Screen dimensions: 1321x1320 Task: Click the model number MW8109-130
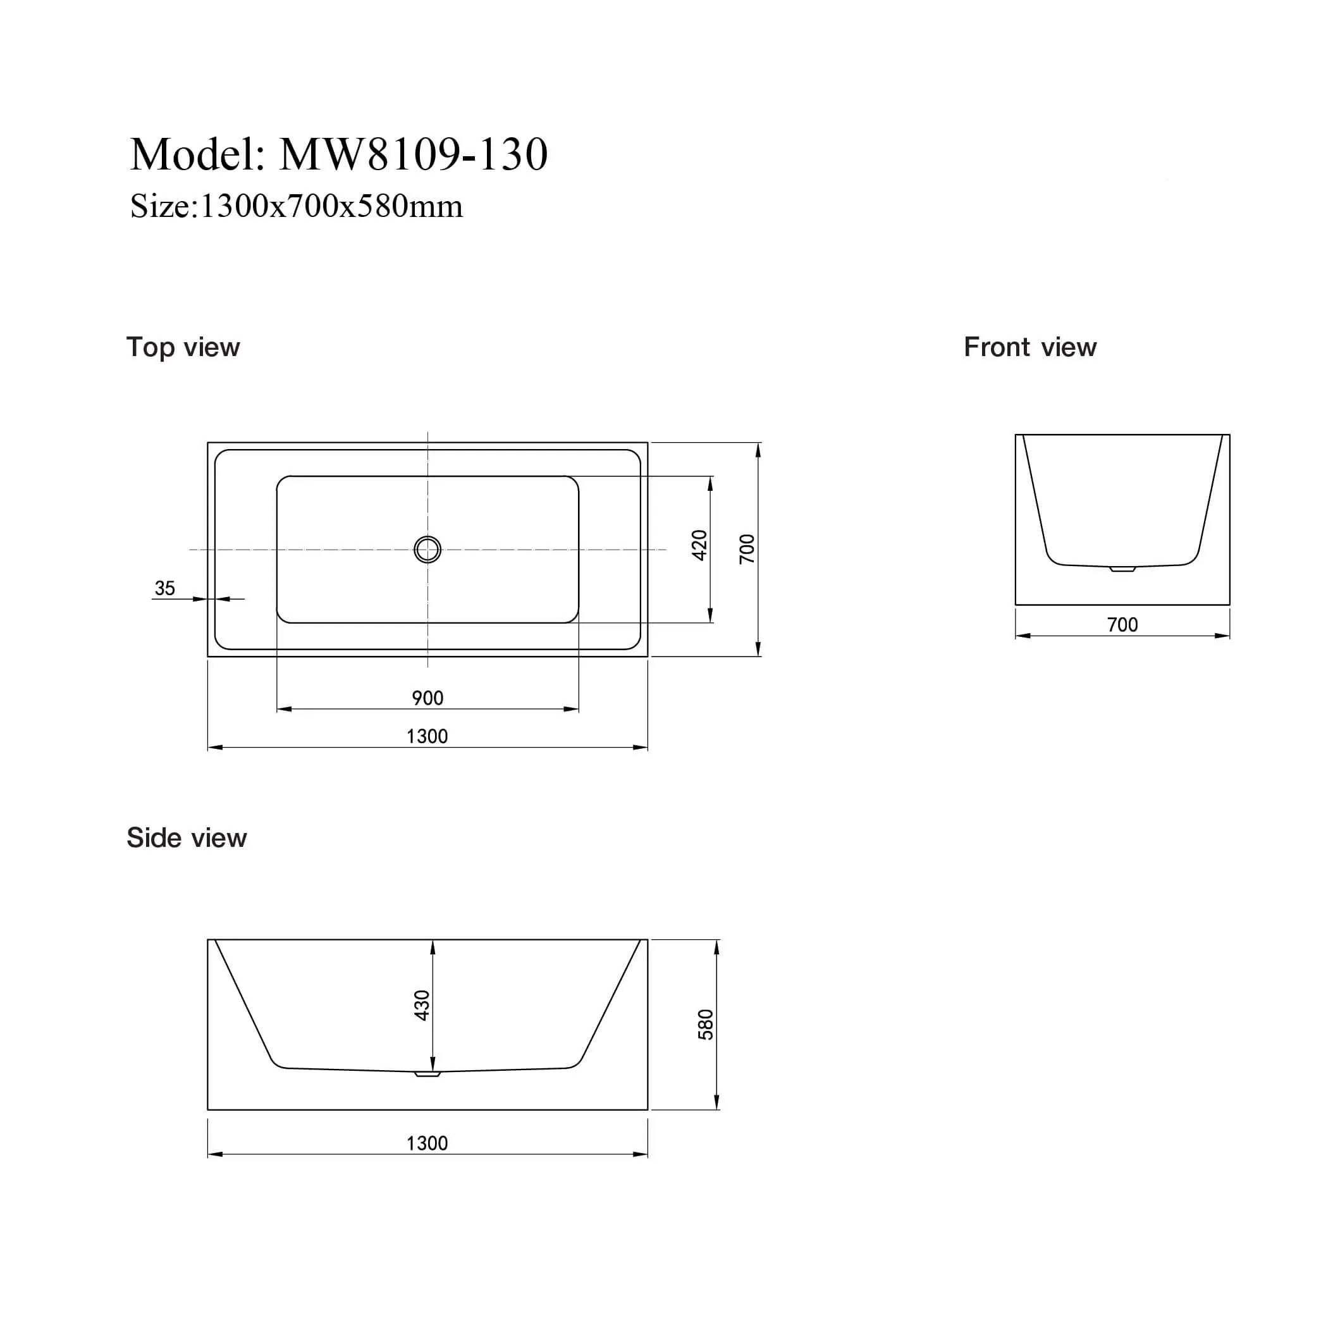tap(414, 154)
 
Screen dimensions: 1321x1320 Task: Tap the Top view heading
tap(183, 347)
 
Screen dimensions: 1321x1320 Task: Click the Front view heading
tap(1029, 347)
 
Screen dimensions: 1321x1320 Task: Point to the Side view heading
tap(187, 838)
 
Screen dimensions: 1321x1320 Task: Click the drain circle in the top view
tap(427, 549)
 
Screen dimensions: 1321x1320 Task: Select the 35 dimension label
tap(165, 588)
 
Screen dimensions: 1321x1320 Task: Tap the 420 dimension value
tap(699, 545)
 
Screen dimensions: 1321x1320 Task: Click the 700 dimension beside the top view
tap(747, 548)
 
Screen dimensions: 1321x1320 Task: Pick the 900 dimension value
tap(427, 698)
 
